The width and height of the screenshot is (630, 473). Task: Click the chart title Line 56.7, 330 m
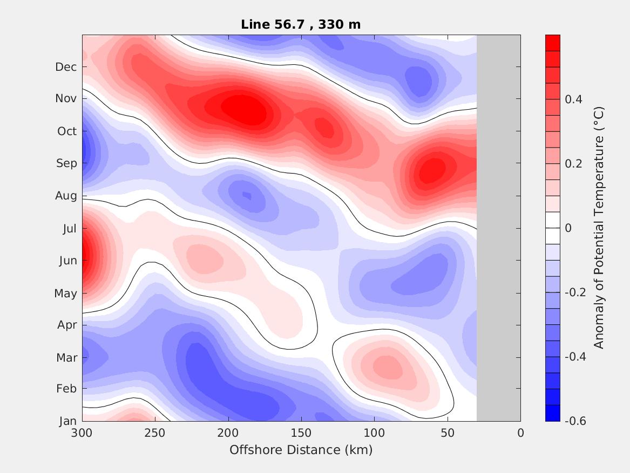point(301,24)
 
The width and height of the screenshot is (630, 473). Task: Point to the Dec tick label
point(66,67)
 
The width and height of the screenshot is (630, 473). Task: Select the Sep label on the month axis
point(67,163)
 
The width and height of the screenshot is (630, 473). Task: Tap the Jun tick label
point(67,261)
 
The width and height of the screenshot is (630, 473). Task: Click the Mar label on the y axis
point(67,358)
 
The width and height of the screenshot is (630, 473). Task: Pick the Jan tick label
point(67,422)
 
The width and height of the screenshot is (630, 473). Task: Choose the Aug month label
point(66,196)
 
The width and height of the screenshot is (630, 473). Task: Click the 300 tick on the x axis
point(82,433)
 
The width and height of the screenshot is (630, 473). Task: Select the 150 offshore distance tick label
point(301,433)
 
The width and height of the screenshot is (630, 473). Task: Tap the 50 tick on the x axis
point(448,433)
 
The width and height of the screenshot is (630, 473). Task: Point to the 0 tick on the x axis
point(520,433)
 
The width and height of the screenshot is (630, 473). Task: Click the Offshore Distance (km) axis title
point(301,450)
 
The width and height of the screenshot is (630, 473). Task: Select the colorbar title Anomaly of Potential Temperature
point(598,228)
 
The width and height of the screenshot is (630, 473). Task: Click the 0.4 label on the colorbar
point(573,99)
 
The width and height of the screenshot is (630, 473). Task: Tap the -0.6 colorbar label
point(575,421)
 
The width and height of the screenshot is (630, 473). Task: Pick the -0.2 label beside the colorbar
point(575,292)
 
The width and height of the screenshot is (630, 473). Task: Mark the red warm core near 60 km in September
point(432,171)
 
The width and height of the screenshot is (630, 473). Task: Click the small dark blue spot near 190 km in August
point(247,195)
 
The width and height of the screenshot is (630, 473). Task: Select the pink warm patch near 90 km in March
point(388,368)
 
